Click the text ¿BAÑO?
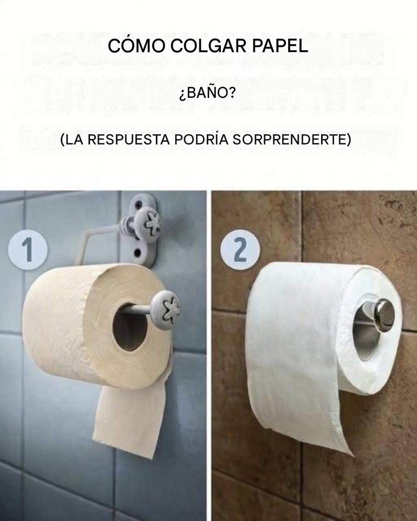point(207,93)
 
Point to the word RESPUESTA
point(128,140)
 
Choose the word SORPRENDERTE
point(289,140)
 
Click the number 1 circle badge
point(27,250)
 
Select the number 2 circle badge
point(240,250)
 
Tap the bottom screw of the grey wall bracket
point(137,253)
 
